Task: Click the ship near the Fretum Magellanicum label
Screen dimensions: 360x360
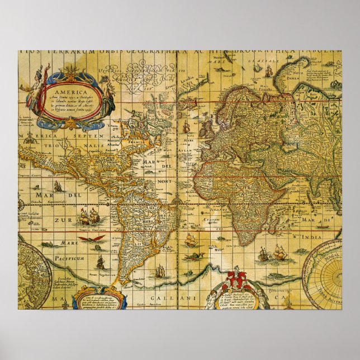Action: pyautogui.click(x=101, y=261)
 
